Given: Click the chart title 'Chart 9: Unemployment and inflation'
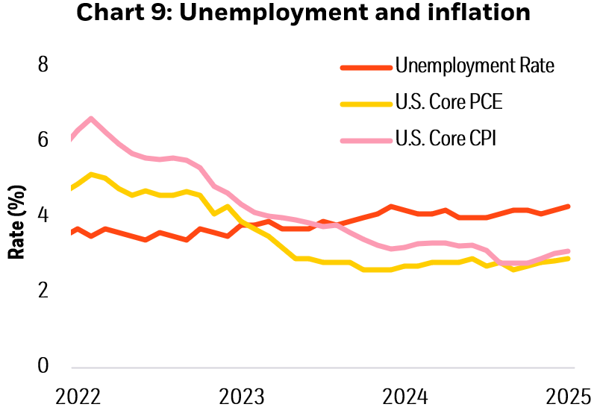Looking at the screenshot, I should (x=298, y=14).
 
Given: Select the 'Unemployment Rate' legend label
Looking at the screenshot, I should (x=475, y=66).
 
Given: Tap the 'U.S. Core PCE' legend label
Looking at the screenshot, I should (x=448, y=102).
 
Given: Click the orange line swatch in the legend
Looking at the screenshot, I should (x=366, y=66).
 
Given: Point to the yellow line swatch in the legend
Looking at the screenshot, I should (x=366, y=103).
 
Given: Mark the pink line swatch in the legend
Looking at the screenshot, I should (x=366, y=139).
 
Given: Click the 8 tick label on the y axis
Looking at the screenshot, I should (x=43, y=65).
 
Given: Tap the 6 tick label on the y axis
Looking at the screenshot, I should (x=43, y=139).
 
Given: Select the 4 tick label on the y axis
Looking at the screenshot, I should (x=43, y=215).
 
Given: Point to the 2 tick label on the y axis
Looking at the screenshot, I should (x=43, y=290).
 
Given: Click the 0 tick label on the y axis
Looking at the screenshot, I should (x=43, y=365).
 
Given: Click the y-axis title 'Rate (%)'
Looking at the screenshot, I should (x=16, y=223).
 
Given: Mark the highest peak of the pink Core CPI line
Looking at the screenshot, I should (x=90, y=119).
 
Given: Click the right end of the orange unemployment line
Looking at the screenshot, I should (x=569, y=206).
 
